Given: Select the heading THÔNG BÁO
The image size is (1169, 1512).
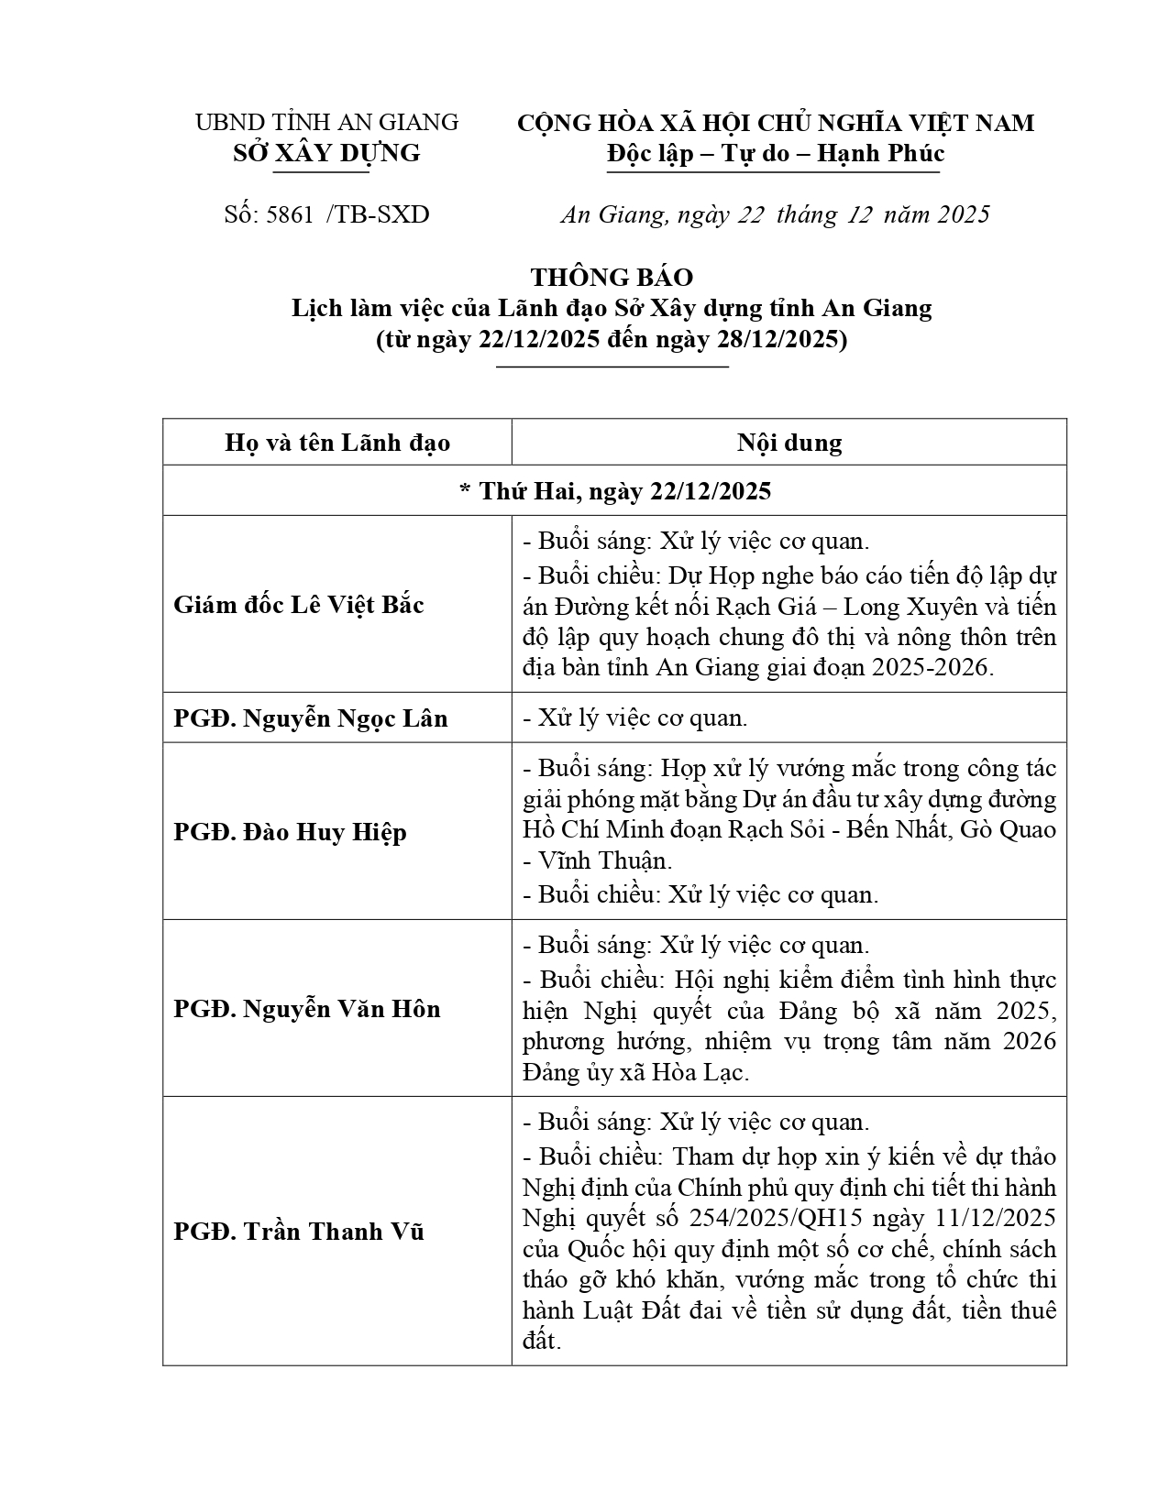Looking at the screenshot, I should tap(612, 277).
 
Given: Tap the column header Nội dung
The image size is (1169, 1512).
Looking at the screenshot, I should tap(789, 444).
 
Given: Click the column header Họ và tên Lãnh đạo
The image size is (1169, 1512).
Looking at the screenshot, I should tap(337, 444).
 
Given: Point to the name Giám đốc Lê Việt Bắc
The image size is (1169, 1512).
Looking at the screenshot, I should tap(299, 605).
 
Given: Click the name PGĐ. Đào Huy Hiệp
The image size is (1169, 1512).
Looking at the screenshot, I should tap(290, 832).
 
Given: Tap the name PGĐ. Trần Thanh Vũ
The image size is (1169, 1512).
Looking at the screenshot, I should tap(299, 1231).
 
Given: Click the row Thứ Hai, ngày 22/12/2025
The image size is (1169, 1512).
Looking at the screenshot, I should tap(614, 491).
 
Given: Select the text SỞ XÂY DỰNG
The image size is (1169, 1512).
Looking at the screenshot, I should tap(326, 153).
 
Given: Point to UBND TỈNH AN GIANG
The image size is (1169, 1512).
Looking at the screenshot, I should tap(326, 122).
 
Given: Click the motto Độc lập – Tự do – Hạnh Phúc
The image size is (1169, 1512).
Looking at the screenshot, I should tap(775, 153).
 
